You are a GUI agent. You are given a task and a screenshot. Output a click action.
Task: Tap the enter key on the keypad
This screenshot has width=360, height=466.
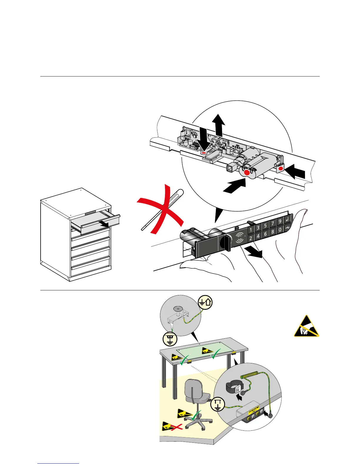pyautogui.click(x=287, y=219)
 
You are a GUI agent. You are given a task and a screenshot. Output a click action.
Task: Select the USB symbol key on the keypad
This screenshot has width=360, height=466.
pyautogui.click(x=288, y=228)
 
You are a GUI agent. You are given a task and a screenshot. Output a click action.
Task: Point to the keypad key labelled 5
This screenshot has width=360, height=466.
pyautogui.click(x=265, y=226)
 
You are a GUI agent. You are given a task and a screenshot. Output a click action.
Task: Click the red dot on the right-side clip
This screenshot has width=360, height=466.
pyautogui.click(x=281, y=168)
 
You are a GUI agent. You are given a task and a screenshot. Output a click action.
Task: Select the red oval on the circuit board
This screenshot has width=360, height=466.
pyautogui.click(x=204, y=153)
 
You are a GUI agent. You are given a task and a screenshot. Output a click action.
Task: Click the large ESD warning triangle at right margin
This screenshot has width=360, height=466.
pyautogui.click(x=306, y=327)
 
